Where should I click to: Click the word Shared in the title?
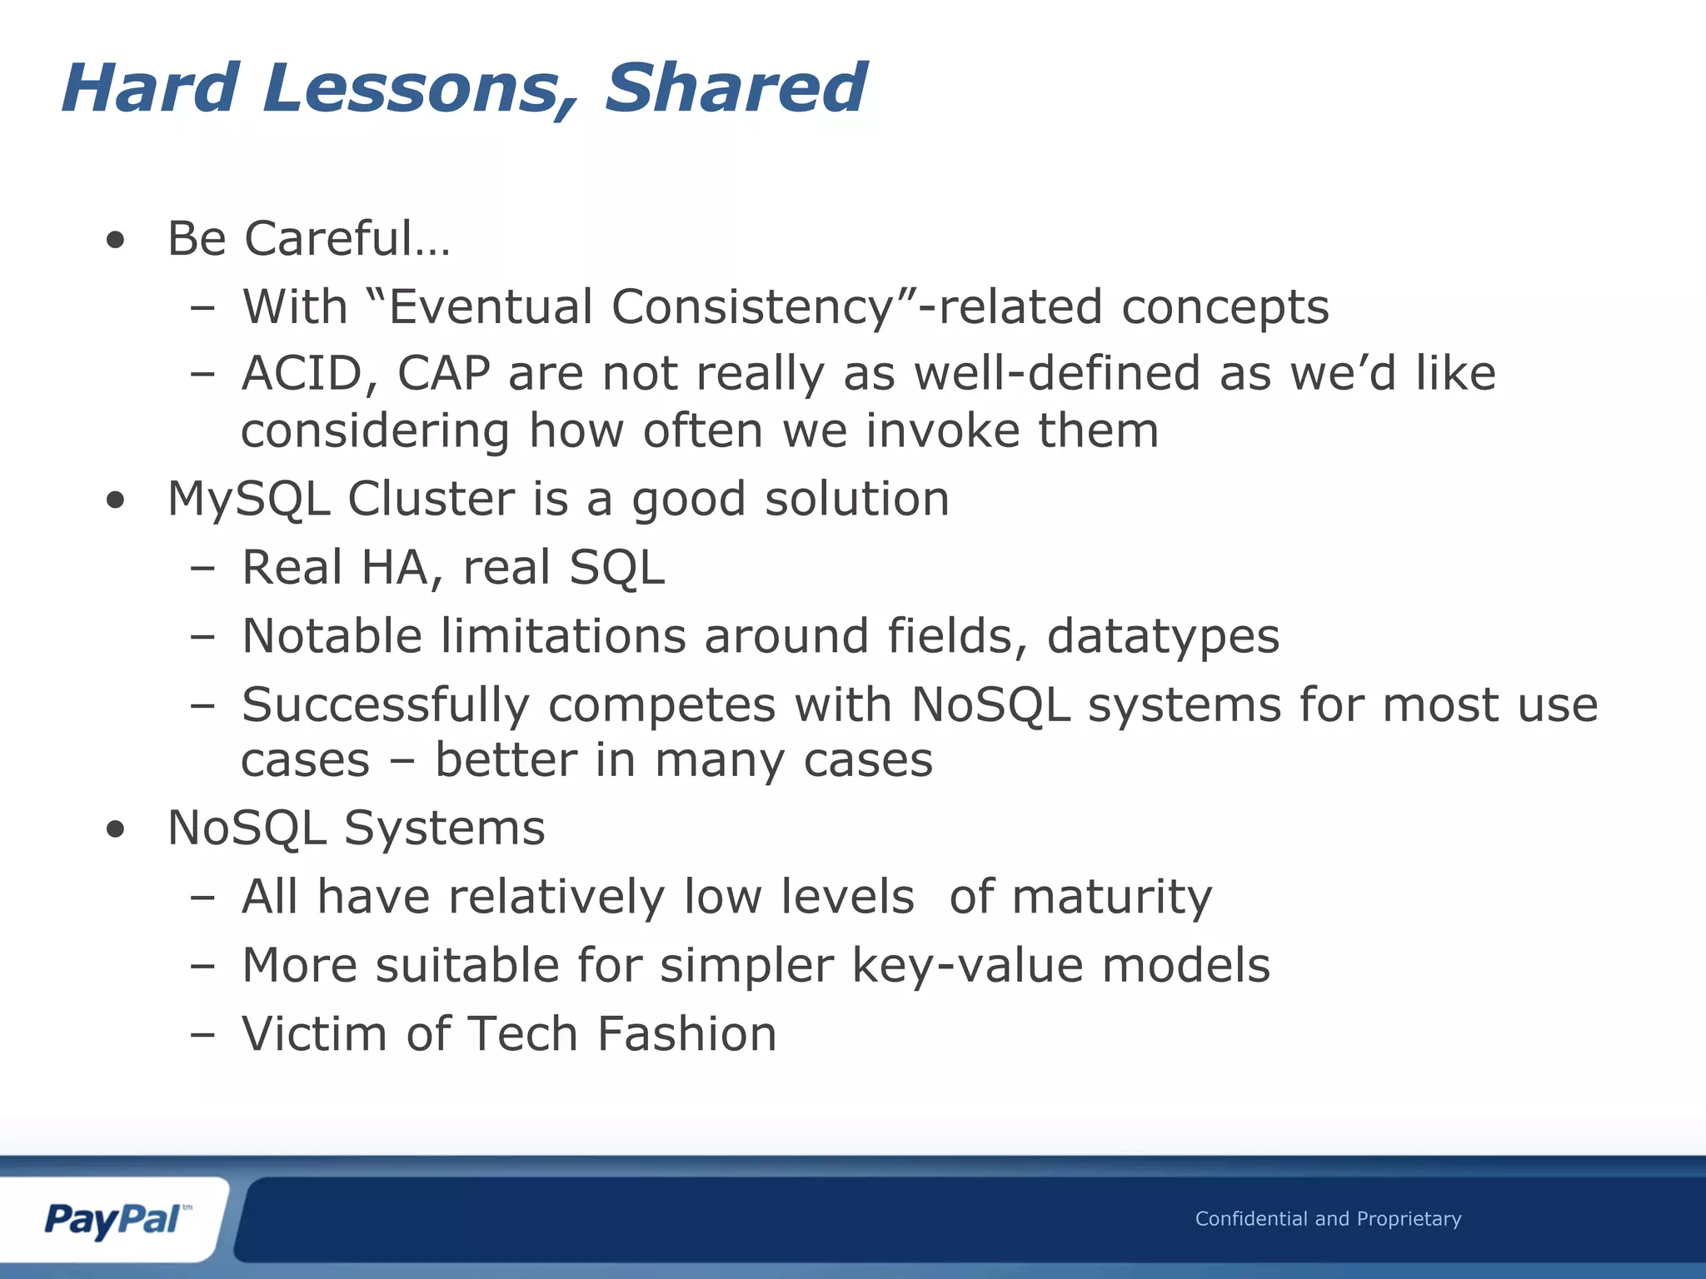(735, 88)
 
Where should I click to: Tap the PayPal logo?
(115, 1219)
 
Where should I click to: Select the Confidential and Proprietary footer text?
(1328, 1218)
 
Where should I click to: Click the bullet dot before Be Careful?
(116, 241)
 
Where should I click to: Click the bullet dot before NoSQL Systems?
(116, 830)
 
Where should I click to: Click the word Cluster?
(431, 500)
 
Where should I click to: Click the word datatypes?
(1163, 638)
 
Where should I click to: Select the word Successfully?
(385, 706)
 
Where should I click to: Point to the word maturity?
(1112, 898)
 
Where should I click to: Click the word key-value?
(967, 966)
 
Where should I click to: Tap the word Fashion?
(686, 1034)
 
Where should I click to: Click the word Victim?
(314, 1034)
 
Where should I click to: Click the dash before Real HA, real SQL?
(202, 570)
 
